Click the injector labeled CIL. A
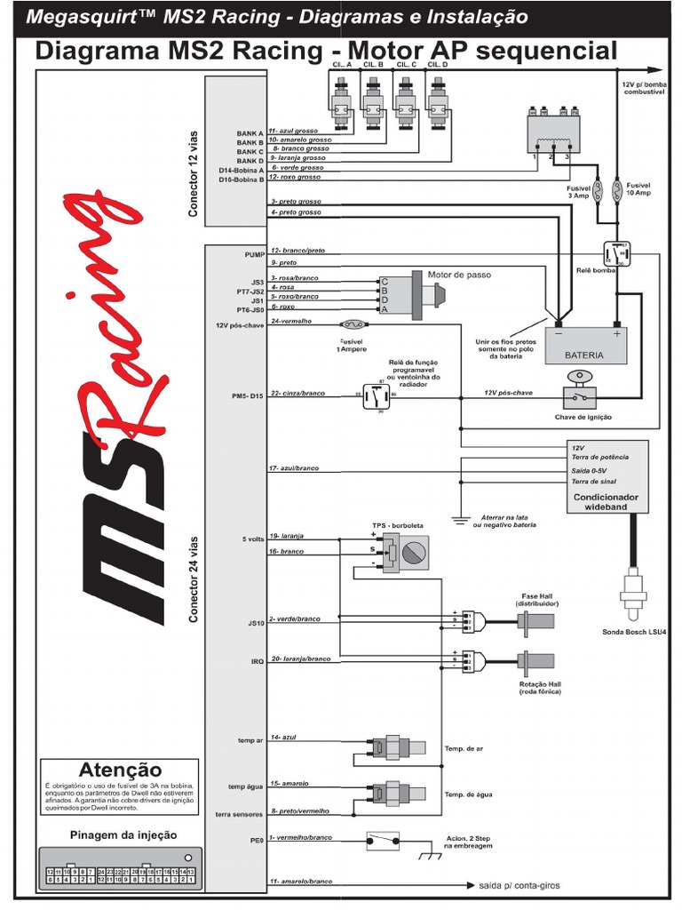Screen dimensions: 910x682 [x=341, y=100]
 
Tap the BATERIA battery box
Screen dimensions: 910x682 [x=584, y=344]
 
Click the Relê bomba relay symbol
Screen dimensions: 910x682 [x=615, y=254]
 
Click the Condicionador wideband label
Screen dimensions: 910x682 [x=607, y=502]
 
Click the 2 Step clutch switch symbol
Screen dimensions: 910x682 [x=385, y=839]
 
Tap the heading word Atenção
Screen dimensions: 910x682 [x=121, y=770]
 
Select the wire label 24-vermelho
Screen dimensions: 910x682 [x=293, y=321]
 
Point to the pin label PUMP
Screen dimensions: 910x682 [x=254, y=254]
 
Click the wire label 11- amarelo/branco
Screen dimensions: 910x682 [x=302, y=881]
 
